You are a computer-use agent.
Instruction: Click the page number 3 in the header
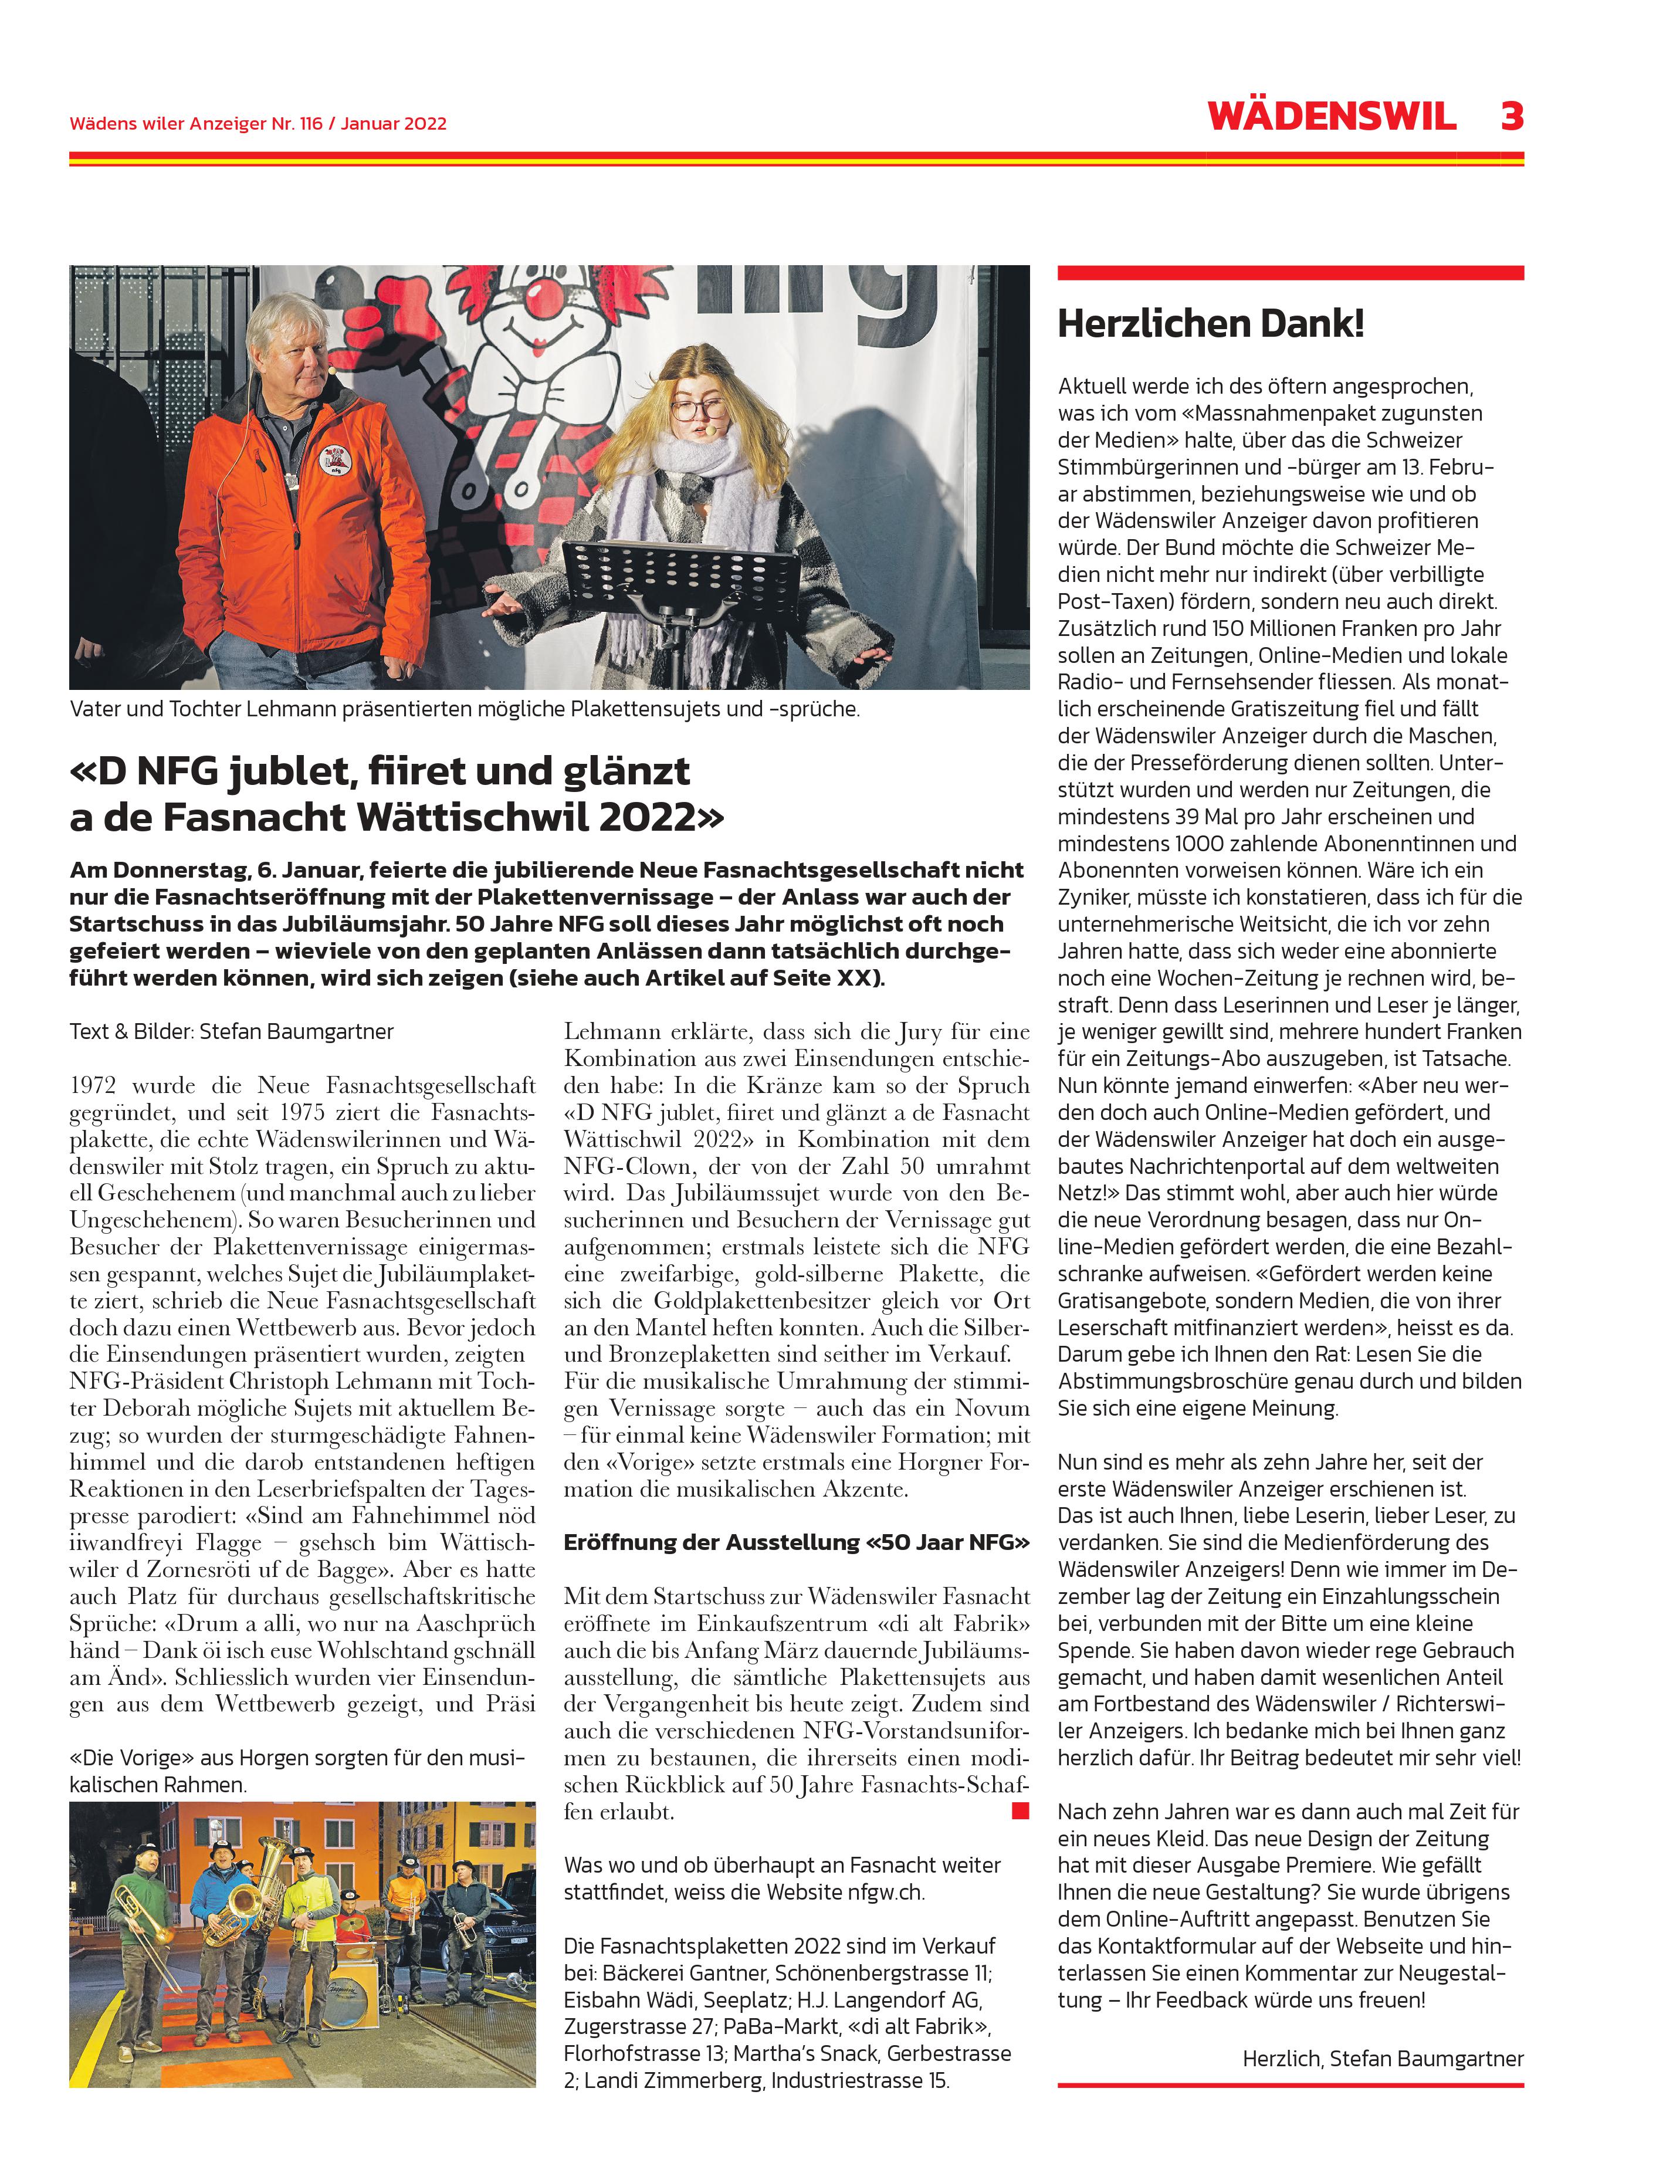pos(1510,117)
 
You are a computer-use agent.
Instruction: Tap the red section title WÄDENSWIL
pos(1332,117)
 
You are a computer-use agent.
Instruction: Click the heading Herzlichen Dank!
pos(1211,324)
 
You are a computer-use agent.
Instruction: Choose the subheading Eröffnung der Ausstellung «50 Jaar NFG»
pos(796,1542)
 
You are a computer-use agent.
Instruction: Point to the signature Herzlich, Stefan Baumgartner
pos(1383,2058)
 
